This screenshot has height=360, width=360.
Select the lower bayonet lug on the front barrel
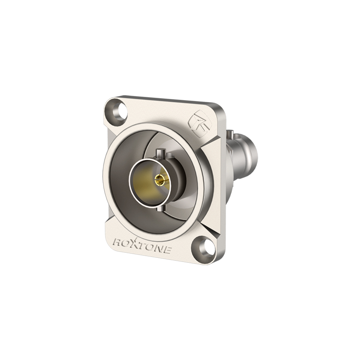click(161, 207)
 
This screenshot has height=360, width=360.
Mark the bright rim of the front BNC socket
click(131, 178)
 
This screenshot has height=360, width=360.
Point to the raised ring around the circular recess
click(107, 174)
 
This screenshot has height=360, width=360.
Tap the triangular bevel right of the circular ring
click(211, 147)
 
